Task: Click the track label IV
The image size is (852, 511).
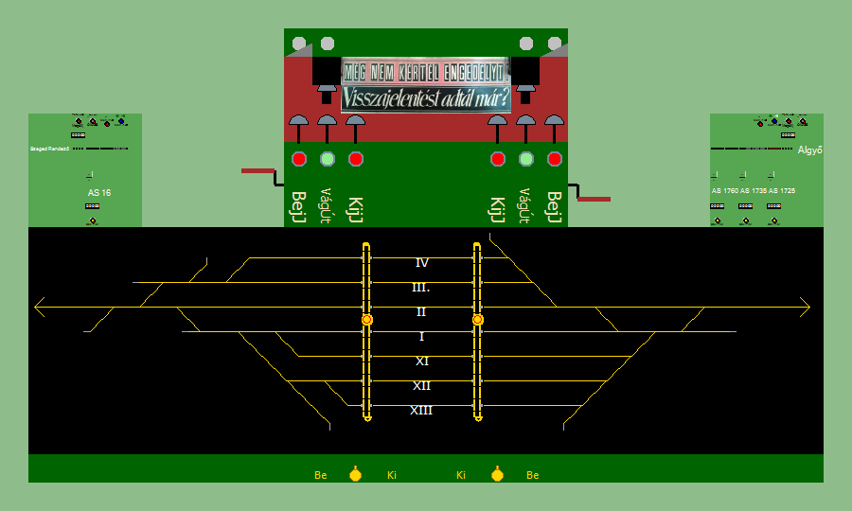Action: point(422,263)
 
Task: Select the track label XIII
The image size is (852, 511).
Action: point(421,411)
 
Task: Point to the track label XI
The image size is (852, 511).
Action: point(422,361)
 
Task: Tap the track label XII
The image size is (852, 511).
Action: point(421,386)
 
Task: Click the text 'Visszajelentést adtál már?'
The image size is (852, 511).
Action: point(426,97)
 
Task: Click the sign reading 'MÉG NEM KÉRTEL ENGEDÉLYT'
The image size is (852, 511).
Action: point(426,71)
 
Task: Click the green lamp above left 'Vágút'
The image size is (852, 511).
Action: point(328,159)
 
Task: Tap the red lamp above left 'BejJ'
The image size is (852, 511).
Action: point(299,159)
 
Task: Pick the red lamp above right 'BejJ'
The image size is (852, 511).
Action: point(555,159)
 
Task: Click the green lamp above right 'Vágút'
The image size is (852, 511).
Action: point(526,159)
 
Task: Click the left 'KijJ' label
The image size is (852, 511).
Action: point(355,208)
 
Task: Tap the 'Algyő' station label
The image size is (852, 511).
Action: point(809,150)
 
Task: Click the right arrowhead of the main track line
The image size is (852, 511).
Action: point(808,307)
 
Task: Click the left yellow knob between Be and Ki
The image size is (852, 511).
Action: point(355,474)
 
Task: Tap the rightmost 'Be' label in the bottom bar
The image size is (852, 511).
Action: point(533,475)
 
